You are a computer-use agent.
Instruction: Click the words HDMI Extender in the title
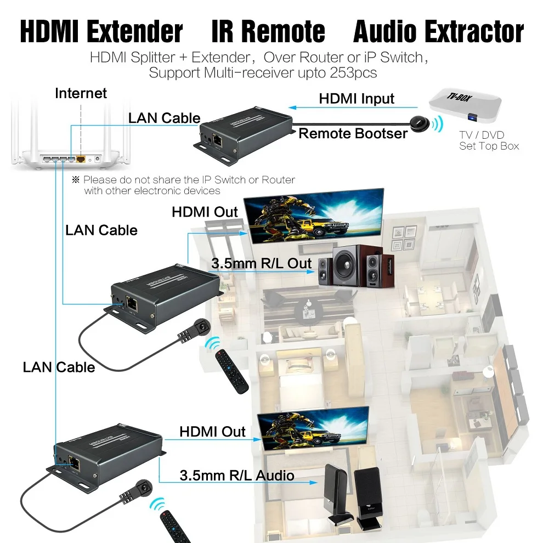101,32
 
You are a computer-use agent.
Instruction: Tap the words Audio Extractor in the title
438,32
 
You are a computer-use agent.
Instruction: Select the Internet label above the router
81,93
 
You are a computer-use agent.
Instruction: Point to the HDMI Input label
357,99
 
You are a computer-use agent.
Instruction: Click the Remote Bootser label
353,133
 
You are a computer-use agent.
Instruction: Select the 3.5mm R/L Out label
262,263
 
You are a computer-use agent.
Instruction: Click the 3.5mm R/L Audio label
237,476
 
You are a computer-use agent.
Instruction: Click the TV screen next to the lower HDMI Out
313,428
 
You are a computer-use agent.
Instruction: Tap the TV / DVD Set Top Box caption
489,140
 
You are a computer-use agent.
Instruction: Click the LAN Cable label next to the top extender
164,118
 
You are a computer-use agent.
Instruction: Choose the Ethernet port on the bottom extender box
73,462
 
